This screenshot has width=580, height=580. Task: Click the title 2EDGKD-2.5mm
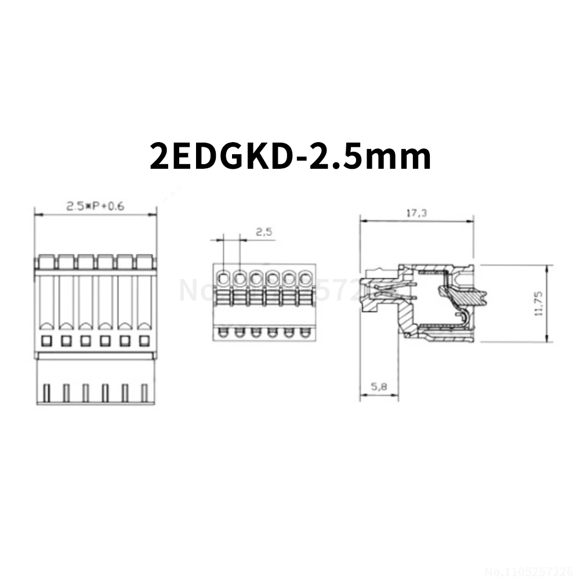click(290, 155)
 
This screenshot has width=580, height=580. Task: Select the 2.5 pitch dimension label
click(264, 232)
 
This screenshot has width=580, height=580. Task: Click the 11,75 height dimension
click(538, 303)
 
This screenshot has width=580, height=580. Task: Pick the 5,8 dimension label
click(378, 388)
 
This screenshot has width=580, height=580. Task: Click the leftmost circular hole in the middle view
click(223, 278)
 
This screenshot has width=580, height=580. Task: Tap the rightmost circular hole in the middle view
click(305, 278)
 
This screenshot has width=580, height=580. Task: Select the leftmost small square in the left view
click(46, 340)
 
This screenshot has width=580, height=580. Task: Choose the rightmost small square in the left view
click(143, 340)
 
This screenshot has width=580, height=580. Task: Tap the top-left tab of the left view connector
click(46, 262)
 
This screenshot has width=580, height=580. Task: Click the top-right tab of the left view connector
click(144, 262)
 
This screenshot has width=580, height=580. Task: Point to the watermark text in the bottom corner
click(531, 570)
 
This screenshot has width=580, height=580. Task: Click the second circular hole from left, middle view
click(240, 278)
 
